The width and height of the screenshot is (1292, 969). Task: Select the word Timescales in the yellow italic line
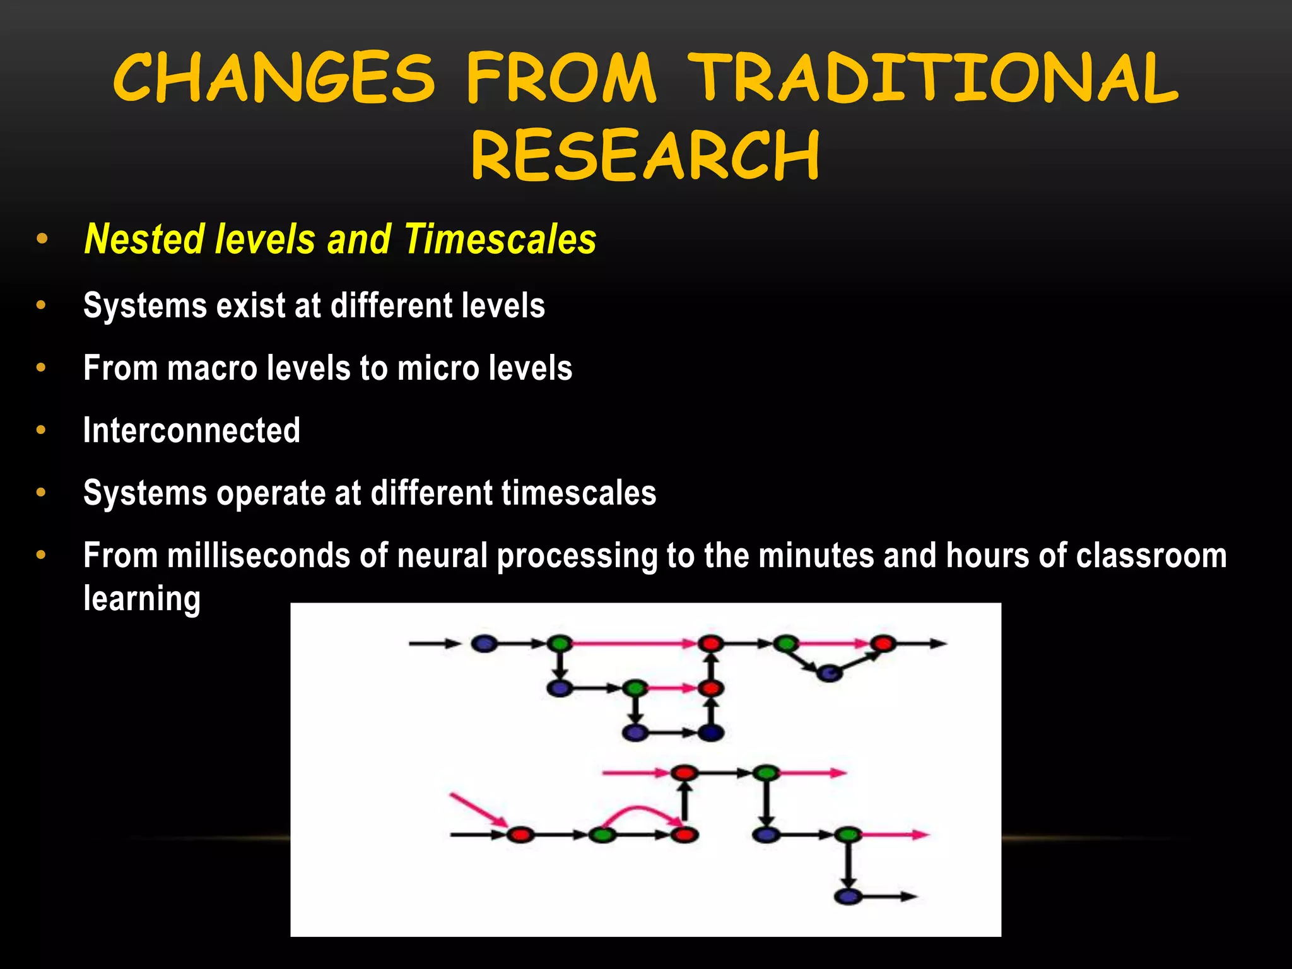pos(500,239)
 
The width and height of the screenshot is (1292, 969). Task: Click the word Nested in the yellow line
pos(144,239)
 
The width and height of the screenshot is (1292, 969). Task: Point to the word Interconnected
pos(192,430)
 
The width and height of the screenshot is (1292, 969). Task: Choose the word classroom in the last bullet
pos(1151,556)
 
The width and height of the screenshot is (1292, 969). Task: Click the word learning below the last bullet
pos(142,599)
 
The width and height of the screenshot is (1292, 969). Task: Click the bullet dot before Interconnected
pos(42,430)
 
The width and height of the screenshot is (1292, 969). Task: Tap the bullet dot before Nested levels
pos(42,239)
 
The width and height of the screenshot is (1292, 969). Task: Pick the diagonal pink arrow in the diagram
pos(478,810)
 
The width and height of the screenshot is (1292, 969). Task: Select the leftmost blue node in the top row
pos(484,643)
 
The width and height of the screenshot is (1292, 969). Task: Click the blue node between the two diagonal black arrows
pos(829,673)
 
